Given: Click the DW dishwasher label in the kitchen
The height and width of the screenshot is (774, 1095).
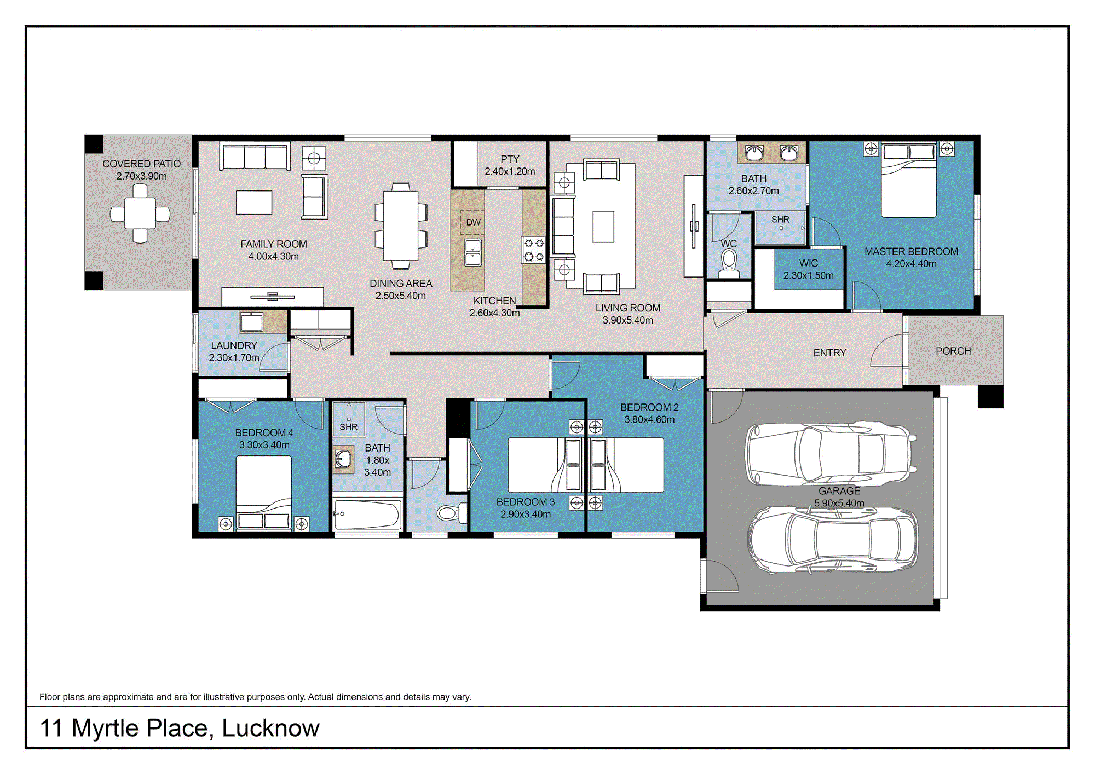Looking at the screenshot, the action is tap(473, 222).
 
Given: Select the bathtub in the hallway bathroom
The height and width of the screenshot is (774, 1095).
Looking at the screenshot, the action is tap(367, 515).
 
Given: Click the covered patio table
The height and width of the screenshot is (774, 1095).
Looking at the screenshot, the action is tap(140, 213).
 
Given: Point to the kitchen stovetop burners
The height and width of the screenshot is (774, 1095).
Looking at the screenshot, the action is tap(534, 250).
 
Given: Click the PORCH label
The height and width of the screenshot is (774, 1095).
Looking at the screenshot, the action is tap(953, 351).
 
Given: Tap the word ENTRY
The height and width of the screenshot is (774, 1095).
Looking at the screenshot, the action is tap(829, 353).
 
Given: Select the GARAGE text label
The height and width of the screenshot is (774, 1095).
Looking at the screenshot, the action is tap(839, 491).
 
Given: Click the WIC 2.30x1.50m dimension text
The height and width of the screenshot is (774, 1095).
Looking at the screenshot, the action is tap(808, 275).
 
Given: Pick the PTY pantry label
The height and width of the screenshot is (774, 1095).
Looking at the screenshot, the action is tap(510, 159).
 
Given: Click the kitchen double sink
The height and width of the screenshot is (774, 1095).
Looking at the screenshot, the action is tap(473, 252).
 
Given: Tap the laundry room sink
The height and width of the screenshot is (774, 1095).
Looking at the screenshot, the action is tap(252, 322).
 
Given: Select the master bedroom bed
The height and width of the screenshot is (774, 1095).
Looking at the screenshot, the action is tap(909, 180).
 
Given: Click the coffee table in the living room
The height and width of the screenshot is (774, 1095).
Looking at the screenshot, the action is tap(603, 226).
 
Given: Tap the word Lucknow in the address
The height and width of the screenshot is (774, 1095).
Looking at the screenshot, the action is tap(270, 729).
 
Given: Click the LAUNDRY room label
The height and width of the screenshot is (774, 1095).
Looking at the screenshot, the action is tap(234, 345).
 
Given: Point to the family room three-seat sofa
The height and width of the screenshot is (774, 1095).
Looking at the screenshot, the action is tap(255, 157).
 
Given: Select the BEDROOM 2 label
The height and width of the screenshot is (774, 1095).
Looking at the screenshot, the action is tap(649, 407).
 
